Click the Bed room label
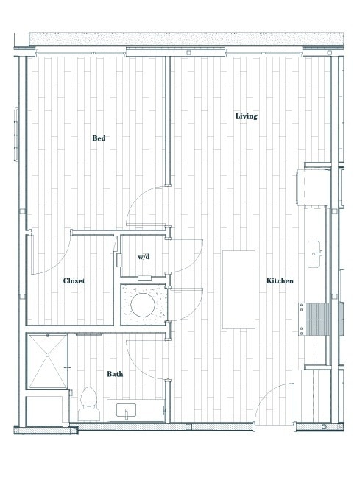pyautogui.click(x=99, y=138)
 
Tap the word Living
pyautogui.click(x=246, y=116)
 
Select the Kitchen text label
pyautogui.click(x=280, y=281)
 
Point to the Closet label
pyautogui.click(x=74, y=281)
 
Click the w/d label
pyautogui.click(x=144, y=258)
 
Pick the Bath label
pyautogui.click(x=115, y=374)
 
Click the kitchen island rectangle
pyautogui.click(x=239, y=289)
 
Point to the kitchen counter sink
pyautogui.click(x=317, y=253)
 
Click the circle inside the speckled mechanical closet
pyautogui.click(x=144, y=303)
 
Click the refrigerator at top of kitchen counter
pyautogui.click(x=313, y=188)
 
